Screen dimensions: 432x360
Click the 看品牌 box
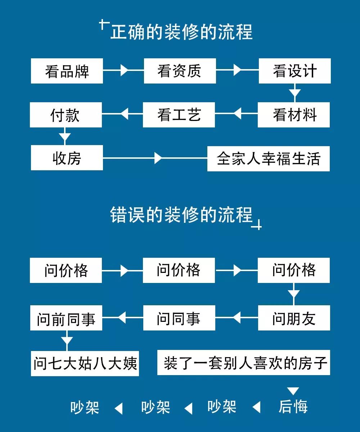click(67, 71)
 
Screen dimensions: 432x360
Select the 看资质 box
click(180, 71)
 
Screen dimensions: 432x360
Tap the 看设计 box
click(294, 71)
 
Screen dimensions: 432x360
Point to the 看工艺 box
click(179, 115)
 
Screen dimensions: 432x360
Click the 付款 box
click(66, 115)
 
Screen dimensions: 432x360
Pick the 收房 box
click(67, 158)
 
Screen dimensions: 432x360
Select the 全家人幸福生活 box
click(269, 158)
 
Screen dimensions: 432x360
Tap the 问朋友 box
click(294, 318)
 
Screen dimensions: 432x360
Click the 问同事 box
click(179, 318)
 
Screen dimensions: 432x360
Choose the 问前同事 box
click(66, 318)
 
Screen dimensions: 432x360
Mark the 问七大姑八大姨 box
click(85, 363)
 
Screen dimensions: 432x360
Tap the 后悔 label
click(293, 407)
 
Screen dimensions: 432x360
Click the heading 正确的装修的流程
click(181, 32)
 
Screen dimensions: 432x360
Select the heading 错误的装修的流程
click(181, 215)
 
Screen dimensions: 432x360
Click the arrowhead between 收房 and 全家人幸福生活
click(158, 158)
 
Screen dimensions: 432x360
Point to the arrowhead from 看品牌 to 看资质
click(124, 70)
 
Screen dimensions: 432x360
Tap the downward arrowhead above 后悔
click(293, 391)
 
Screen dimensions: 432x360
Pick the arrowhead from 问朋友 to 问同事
click(237, 318)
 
